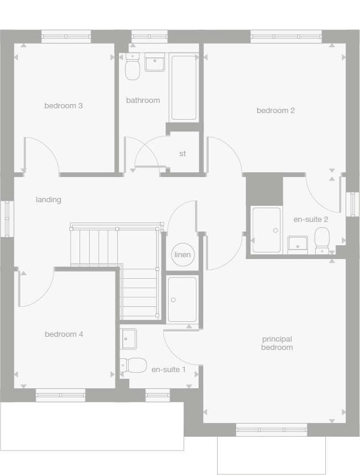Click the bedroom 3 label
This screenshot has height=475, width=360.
click(x=63, y=106)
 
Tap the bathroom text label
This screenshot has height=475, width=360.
click(x=143, y=101)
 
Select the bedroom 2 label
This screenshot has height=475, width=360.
click(x=276, y=111)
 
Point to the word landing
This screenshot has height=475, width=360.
click(x=48, y=200)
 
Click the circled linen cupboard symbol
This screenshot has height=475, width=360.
click(x=182, y=255)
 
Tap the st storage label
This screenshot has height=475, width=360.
click(x=182, y=154)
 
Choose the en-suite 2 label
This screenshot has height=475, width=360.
click(x=310, y=220)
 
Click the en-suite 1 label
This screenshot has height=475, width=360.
click(x=169, y=370)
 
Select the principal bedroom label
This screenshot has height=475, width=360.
click(x=277, y=343)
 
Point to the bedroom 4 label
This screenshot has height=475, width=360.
click(x=64, y=334)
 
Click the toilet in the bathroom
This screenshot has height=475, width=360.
click(x=133, y=68)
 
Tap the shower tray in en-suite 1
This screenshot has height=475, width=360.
click(x=182, y=299)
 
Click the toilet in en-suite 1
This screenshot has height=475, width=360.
click(x=134, y=364)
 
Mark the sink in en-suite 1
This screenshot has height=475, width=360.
click(x=128, y=339)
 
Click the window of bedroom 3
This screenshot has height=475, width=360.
click(x=66, y=36)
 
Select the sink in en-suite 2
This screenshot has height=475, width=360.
click(x=298, y=243)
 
